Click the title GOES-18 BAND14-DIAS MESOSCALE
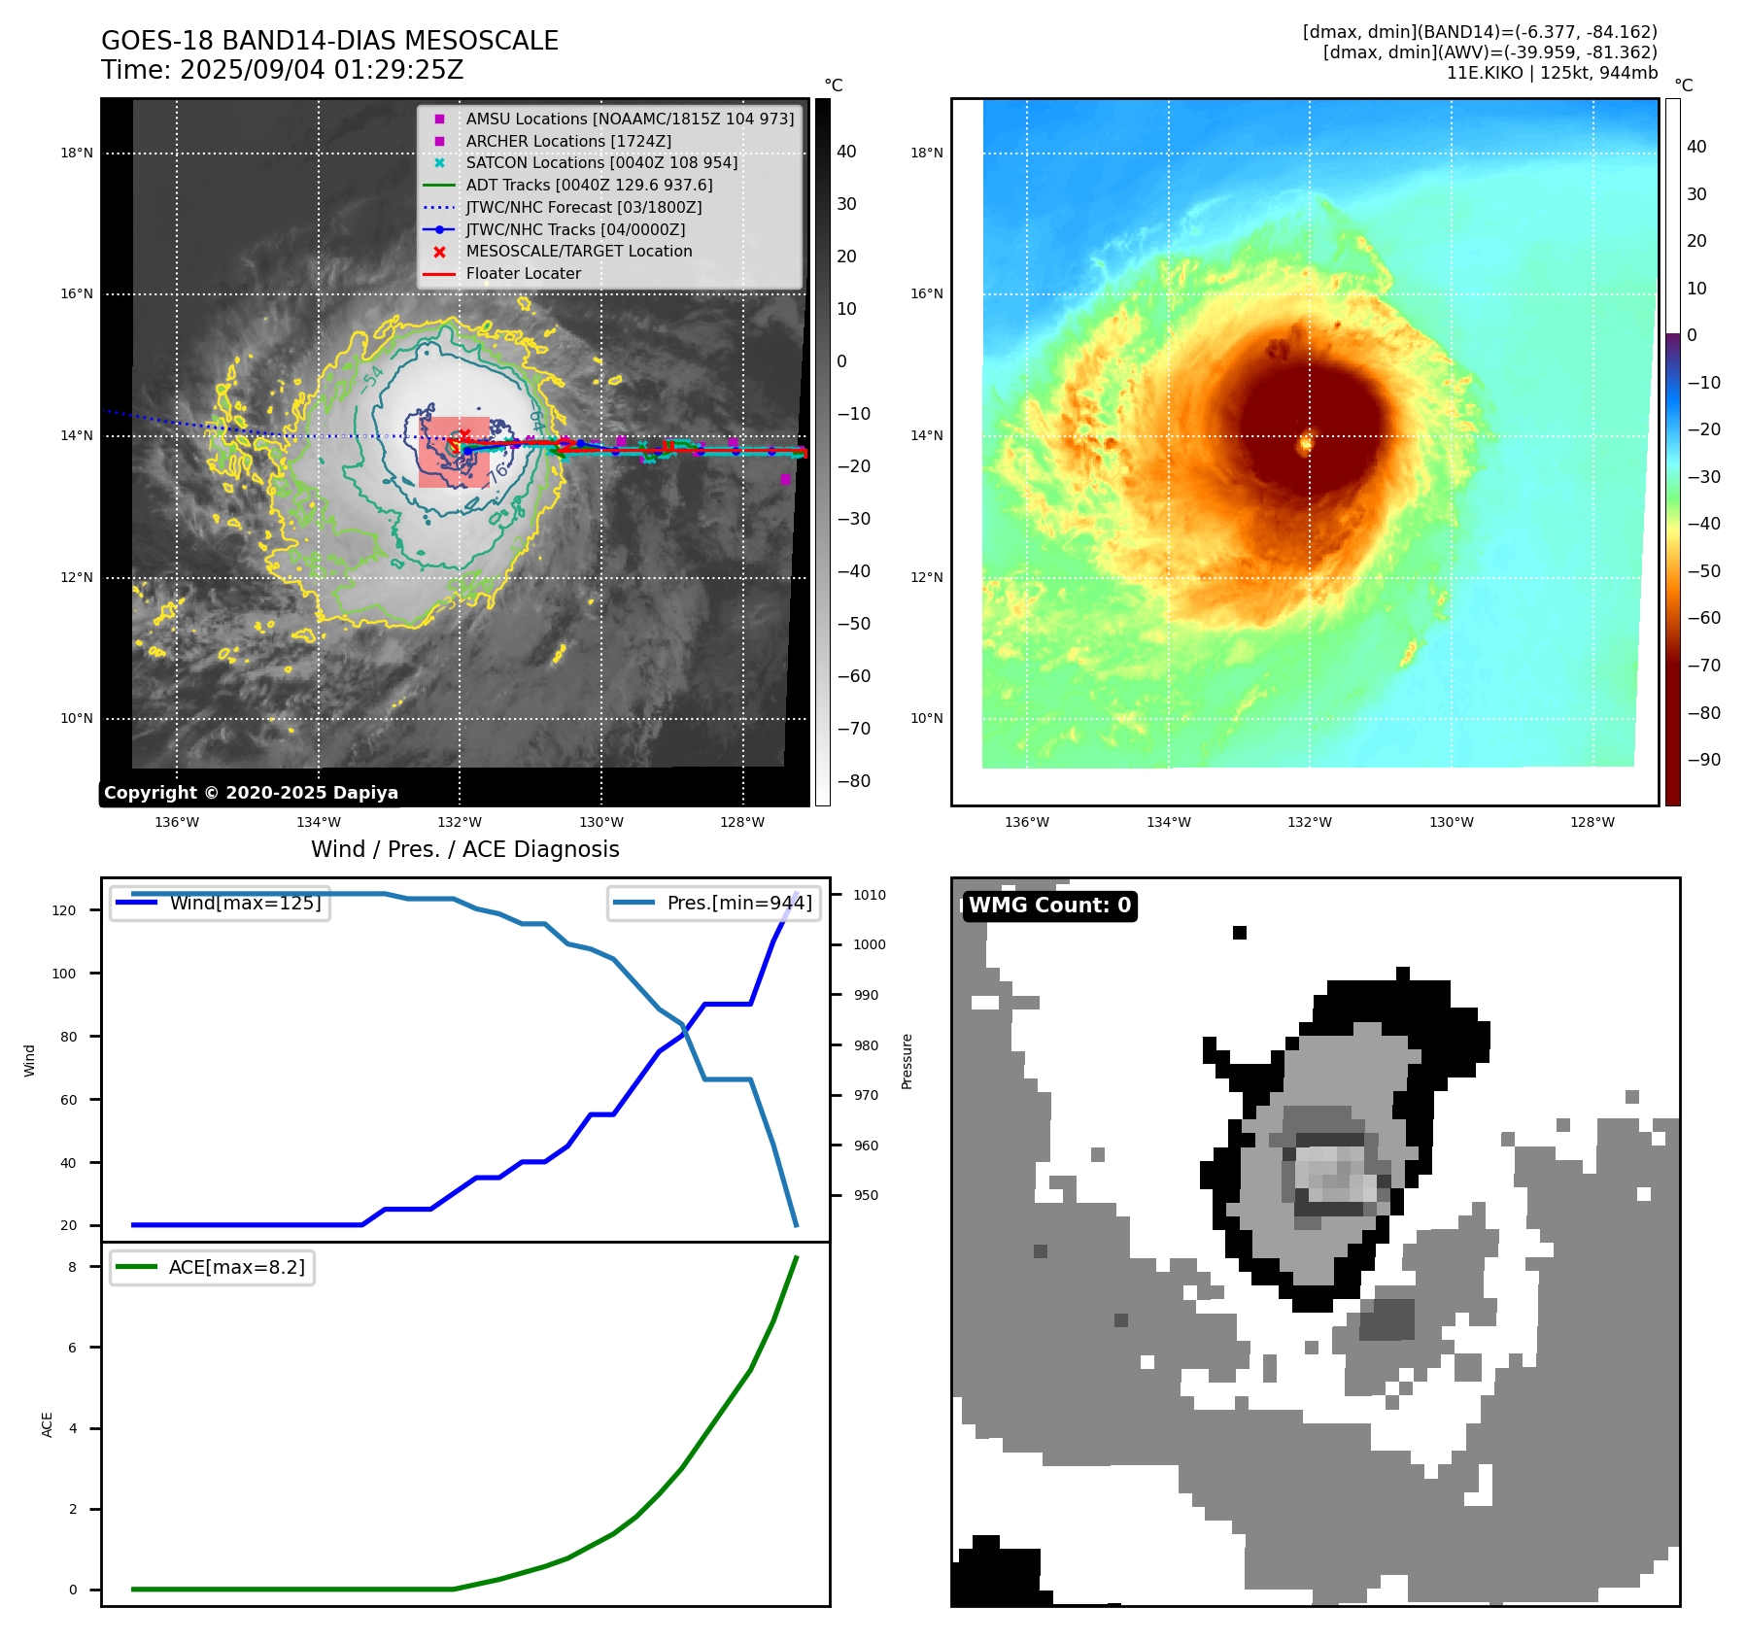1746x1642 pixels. tap(329, 41)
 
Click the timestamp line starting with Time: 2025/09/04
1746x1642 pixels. tap(282, 70)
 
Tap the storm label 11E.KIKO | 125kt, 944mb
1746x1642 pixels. tap(1552, 73)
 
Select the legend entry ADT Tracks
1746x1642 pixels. tap(589, 185)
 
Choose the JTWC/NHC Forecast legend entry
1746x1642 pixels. tap(583, 207)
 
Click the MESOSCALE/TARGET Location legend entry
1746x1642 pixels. tap(579, 251)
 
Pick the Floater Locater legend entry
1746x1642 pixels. tap(523, 273)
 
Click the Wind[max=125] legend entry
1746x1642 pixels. tap(245, 903)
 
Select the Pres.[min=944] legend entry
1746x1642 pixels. tap(738, 903)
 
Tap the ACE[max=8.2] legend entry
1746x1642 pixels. tap(236, 1267)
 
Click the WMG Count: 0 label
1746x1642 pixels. tap(1049, 906)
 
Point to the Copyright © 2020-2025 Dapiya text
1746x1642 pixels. tap(251, 793)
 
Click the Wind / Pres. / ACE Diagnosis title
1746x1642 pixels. tap(464, 849)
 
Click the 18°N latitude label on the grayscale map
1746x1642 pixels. tap(77, 153)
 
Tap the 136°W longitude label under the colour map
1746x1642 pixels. tap(1026, 822)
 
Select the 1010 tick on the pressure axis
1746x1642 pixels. tap(870, 895)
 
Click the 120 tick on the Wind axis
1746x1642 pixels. tap(63, 910)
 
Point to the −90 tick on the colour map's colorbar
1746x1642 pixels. tap(1703, 760)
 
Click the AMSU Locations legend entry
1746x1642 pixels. tap(629, 119)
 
